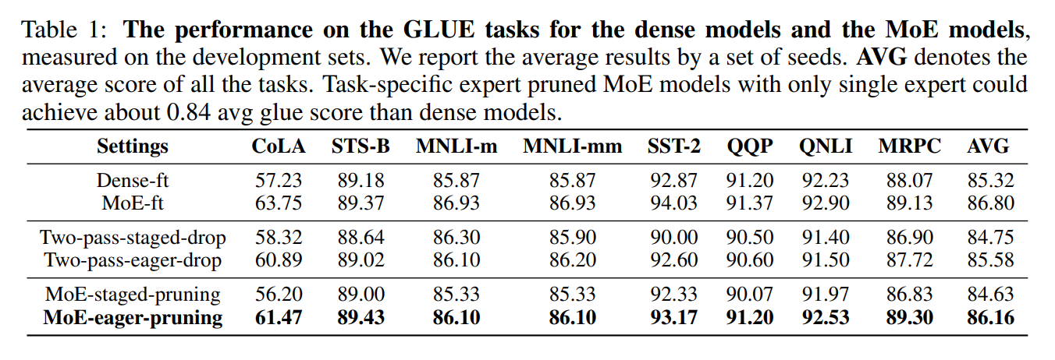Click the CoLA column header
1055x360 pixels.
pos(279,146)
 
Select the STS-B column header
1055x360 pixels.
pos(361,146)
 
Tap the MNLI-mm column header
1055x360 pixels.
pos(572,146)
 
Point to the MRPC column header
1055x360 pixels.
pos(909,146)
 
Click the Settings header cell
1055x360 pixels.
pos(133,146)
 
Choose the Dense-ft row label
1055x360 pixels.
pos(133,180)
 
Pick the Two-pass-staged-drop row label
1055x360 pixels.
pos(133,238)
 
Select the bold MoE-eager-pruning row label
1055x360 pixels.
pos(133,318)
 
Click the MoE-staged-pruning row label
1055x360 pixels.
pos(133,295)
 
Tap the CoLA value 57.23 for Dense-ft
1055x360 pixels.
pos(279,181)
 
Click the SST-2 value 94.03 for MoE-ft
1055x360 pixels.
pos(673,203)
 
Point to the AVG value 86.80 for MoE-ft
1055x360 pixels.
pos(990,203)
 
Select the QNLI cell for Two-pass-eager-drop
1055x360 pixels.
pos(825,260)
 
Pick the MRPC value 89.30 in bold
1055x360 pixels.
pos(909,318)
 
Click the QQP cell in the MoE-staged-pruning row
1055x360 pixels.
pos(749,295)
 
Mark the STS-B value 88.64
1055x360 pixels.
pos(361,238)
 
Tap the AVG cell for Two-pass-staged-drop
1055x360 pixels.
pos(990,238)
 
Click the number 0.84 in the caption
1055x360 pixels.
pos(188,113)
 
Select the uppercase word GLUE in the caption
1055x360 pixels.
pos(439,30)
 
